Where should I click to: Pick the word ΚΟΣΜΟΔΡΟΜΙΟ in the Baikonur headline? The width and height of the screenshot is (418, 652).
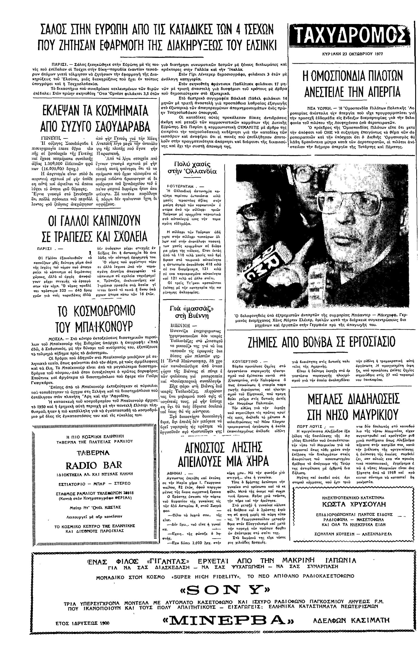[x=97, y=311]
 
